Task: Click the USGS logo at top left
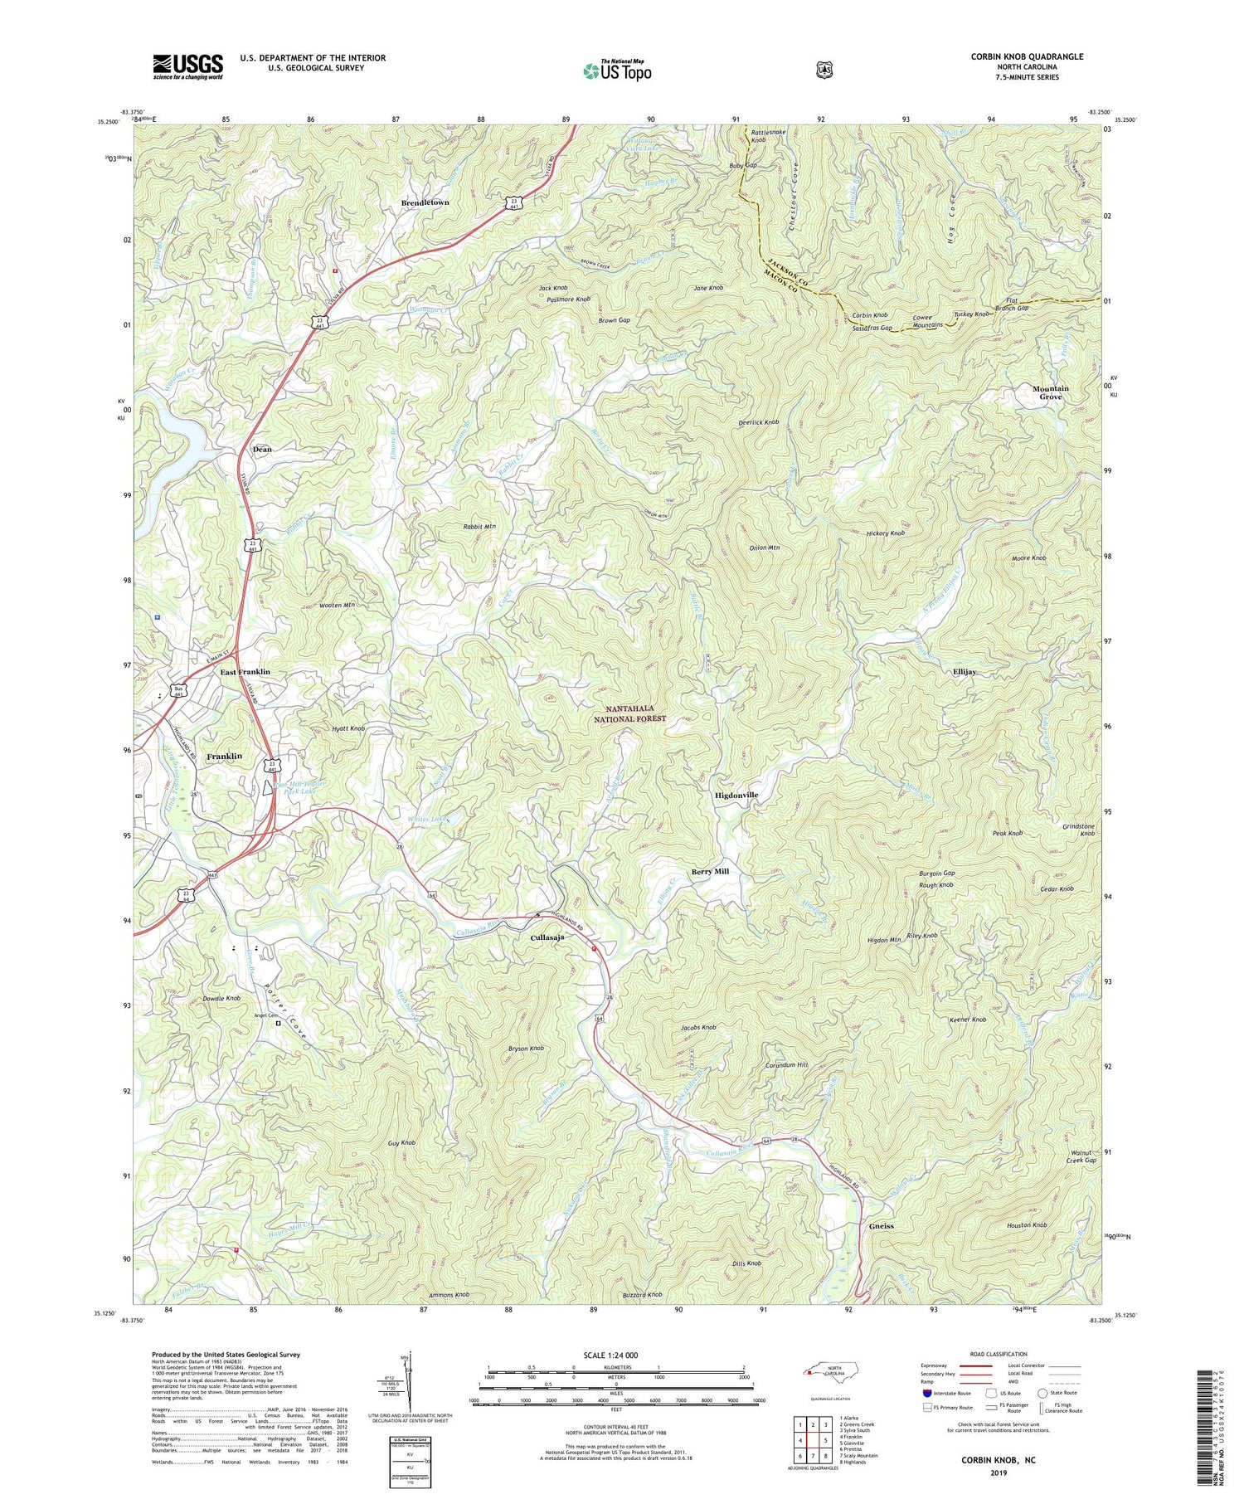pyautogui.click(x=187, y=66)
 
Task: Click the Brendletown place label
pyautogui.click(x=425, y=202)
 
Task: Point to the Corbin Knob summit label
pyautogui.click(x=870, y=316)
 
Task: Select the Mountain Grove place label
pyautogui.click(x=1051, y=392)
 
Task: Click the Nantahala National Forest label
pyautogui.click(x=635, y=713)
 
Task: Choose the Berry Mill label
pyautogui.click(x=710, y=872)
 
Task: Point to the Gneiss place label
pyautogui.click(x=880, y=1225)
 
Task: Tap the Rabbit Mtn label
pyautogui.click(x=479, y=526)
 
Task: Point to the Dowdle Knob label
pyautogui.click(x=221, y=998)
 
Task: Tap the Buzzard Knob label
pyautogui.click(x=643, y=1294)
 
